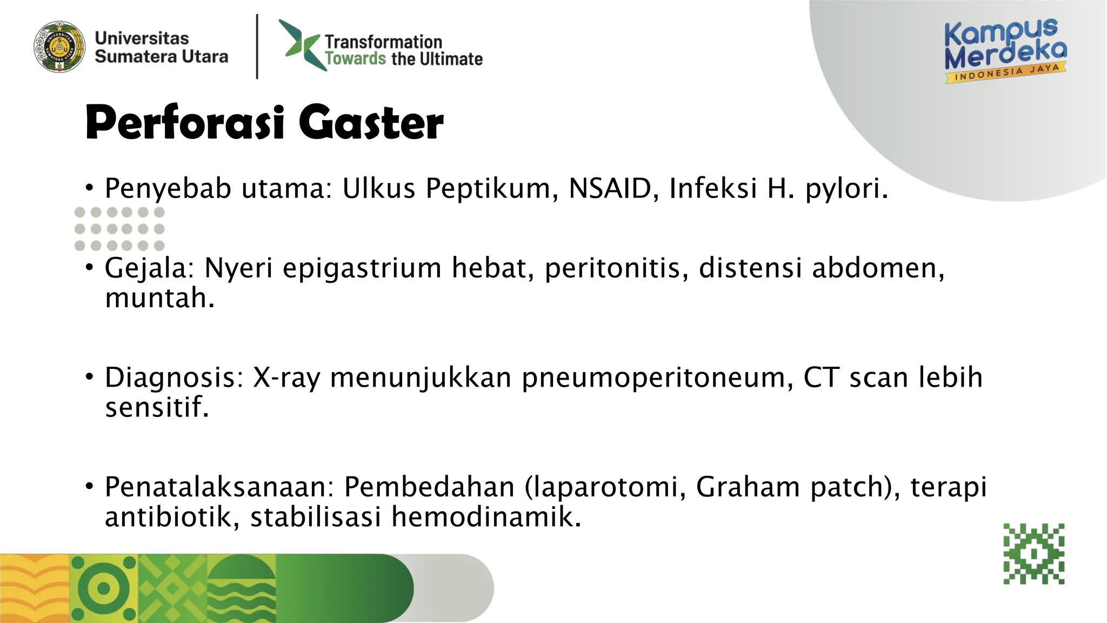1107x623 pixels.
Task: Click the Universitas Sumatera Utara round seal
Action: click(x=59, y=47)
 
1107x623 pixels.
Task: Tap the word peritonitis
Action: click(x=616, y=268)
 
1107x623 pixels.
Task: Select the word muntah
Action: click(x=159, y=299)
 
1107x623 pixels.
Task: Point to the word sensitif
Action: click(x=156, y=407)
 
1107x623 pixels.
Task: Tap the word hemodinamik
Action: click(x=486, y=516)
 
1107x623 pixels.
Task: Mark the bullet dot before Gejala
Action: click(x=90, y=267)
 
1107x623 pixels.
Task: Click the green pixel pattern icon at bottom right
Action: click(x=1034, y=554)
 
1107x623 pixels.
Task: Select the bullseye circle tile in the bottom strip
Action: click(x=104, y=588)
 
